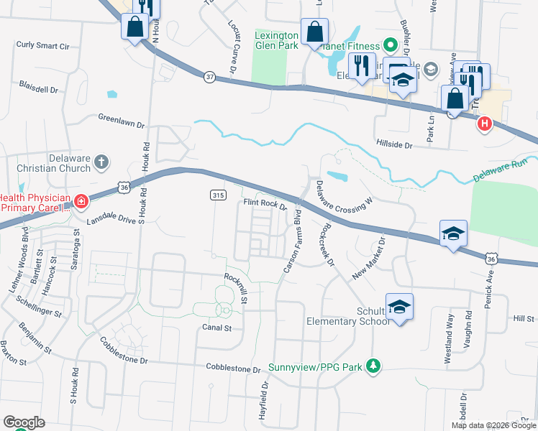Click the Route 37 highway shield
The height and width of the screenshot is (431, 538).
[x=209, y=78]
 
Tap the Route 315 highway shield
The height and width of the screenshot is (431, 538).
[x=219, y=195]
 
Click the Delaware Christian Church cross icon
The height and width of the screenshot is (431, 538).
[x=101, y=163]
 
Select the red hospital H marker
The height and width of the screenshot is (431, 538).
[x=485, y=124]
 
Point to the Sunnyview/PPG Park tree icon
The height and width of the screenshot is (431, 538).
[x=373, y=366]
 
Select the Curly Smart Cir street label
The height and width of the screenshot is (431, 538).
[x=42, y=46]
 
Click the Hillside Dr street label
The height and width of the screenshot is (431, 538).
[x=394, y=144]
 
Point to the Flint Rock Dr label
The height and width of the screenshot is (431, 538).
[x=265, y=204]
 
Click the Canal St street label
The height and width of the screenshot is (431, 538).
[x=216, y=328]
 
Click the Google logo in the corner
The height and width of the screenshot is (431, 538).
[x=24, y=422]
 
